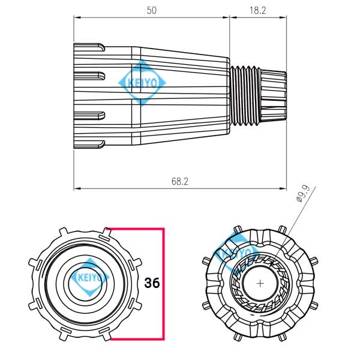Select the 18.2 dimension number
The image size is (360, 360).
(258, 10)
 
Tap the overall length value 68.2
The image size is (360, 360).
(179, 181)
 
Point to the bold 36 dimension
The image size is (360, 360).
(152, 283)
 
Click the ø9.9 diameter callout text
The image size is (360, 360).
(303, 196)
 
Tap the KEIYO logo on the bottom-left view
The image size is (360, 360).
(89, 277)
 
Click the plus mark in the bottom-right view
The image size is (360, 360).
(260, 281)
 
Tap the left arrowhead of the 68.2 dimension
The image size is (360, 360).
(76, 189)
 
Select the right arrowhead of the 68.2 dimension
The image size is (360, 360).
(284, 189)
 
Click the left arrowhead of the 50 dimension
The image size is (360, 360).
(76, 17)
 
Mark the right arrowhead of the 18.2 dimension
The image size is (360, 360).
(284, 17)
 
